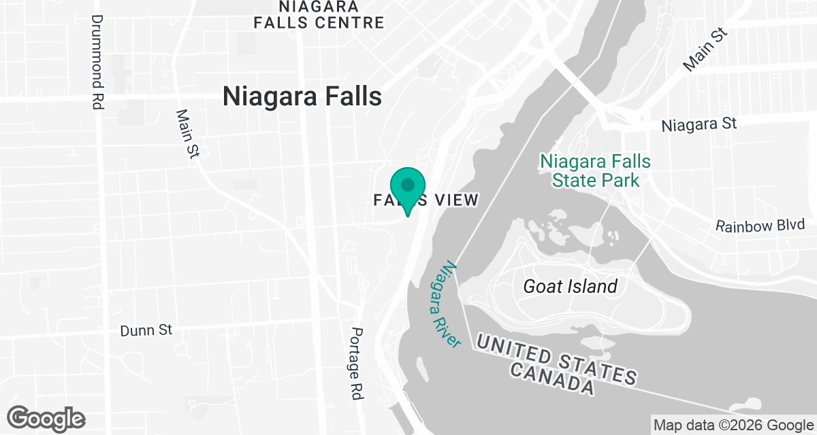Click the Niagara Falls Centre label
319,15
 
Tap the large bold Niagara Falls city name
302,97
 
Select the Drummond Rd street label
97,54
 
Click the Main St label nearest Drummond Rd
186,135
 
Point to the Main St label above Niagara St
705,50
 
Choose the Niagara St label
699,125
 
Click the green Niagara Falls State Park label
595,171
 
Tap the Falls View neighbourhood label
426,200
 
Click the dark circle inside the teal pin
408,184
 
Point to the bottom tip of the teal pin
408,216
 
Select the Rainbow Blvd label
760,226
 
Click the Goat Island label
570,286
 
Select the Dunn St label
146,330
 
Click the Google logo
46,418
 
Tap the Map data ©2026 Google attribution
733,425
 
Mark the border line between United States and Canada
681,394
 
